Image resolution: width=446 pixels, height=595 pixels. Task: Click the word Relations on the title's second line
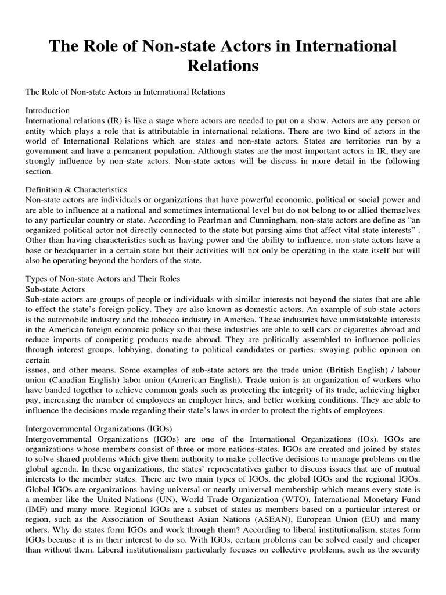pyautogui.click(x=222, y=66)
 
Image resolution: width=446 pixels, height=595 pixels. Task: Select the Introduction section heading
pyautogui.click(x=48, y=110)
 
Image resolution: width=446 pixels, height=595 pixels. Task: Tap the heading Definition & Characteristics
pyautogui.click(x=76, y=189)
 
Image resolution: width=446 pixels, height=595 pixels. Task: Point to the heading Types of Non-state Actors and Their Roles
pyautogui.click(x=103, y=278)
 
